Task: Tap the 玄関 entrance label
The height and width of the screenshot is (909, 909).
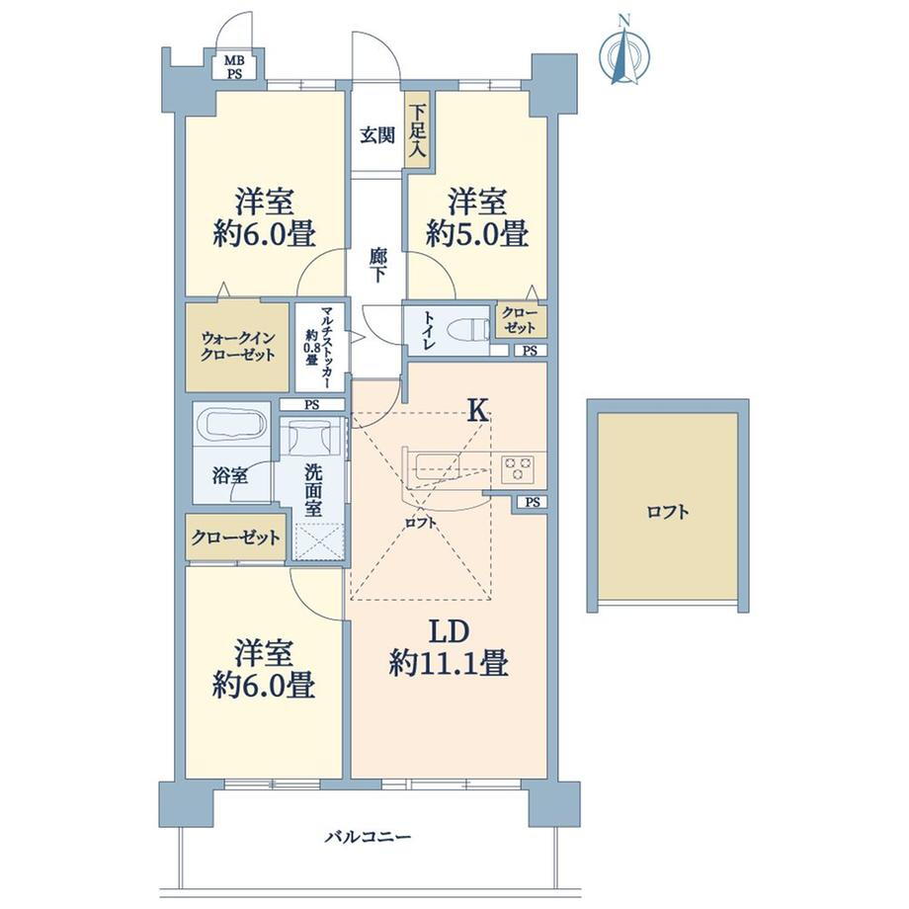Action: (x=377, y=135)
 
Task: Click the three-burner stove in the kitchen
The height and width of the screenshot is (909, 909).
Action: (x=517, y=468)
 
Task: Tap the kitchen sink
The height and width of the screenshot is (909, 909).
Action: (x=439, y=466)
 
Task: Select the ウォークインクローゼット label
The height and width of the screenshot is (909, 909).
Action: (x=238, y=346)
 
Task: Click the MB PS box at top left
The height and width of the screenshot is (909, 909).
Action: (x=234, y=65)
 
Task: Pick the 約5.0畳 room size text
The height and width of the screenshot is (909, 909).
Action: (x=476, y=235)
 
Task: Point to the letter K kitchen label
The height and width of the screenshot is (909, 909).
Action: (x=477, y=411)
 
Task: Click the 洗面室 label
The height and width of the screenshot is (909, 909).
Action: (x=313, y=490)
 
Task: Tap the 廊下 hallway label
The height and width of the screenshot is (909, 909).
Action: (x=377, y=265)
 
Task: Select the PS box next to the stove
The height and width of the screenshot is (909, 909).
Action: (x=533, y=502)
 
